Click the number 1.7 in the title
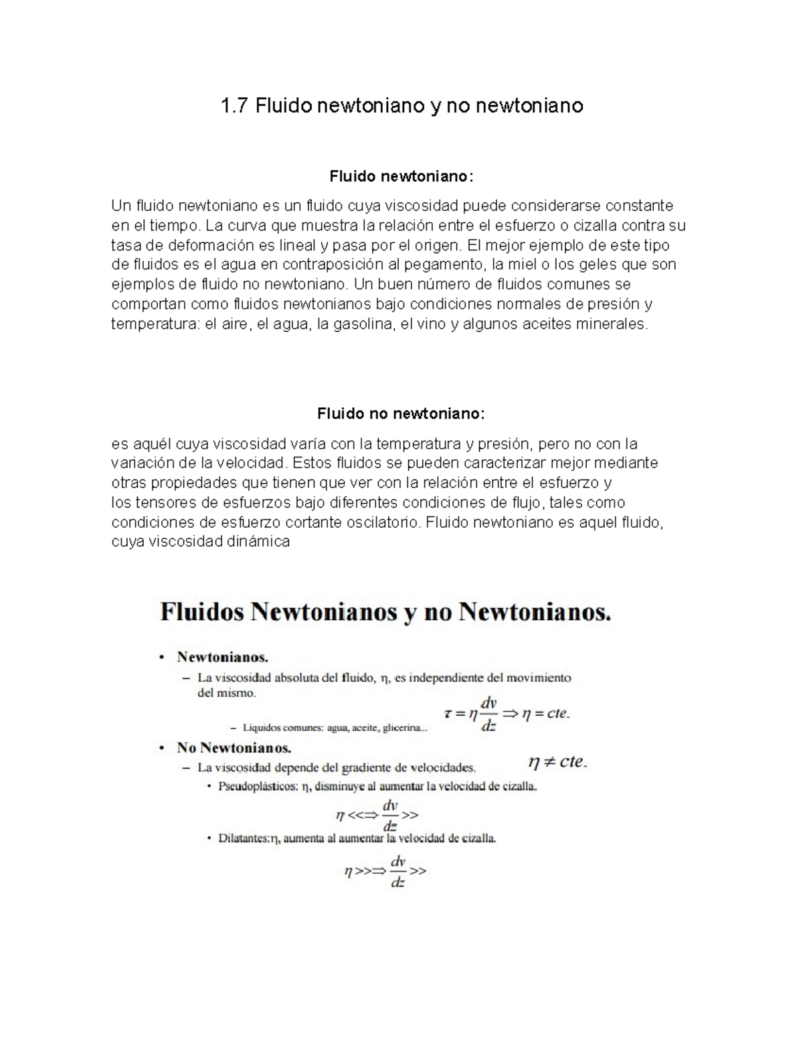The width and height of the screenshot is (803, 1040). coord(235,106)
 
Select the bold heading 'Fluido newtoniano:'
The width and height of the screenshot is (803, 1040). coord(401,177)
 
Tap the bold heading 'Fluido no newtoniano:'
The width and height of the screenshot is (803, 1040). coord(400,414)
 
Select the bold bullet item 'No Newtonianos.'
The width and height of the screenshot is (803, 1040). coord(234,747)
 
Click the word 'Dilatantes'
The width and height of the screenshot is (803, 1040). coord(242,838)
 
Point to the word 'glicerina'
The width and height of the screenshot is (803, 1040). coord(402,729)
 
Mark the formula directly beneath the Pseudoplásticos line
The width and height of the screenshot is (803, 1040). coord(377,815)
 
